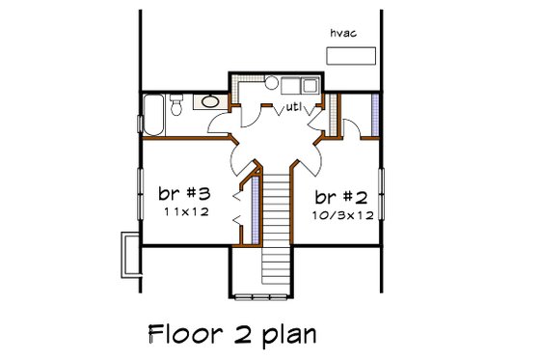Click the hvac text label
pos(344,33)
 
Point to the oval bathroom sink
pos(209,100)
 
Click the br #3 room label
pos(184,193)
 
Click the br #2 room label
pos(342,195)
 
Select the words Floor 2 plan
pos(232,334)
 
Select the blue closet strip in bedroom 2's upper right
pos(374,114)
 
